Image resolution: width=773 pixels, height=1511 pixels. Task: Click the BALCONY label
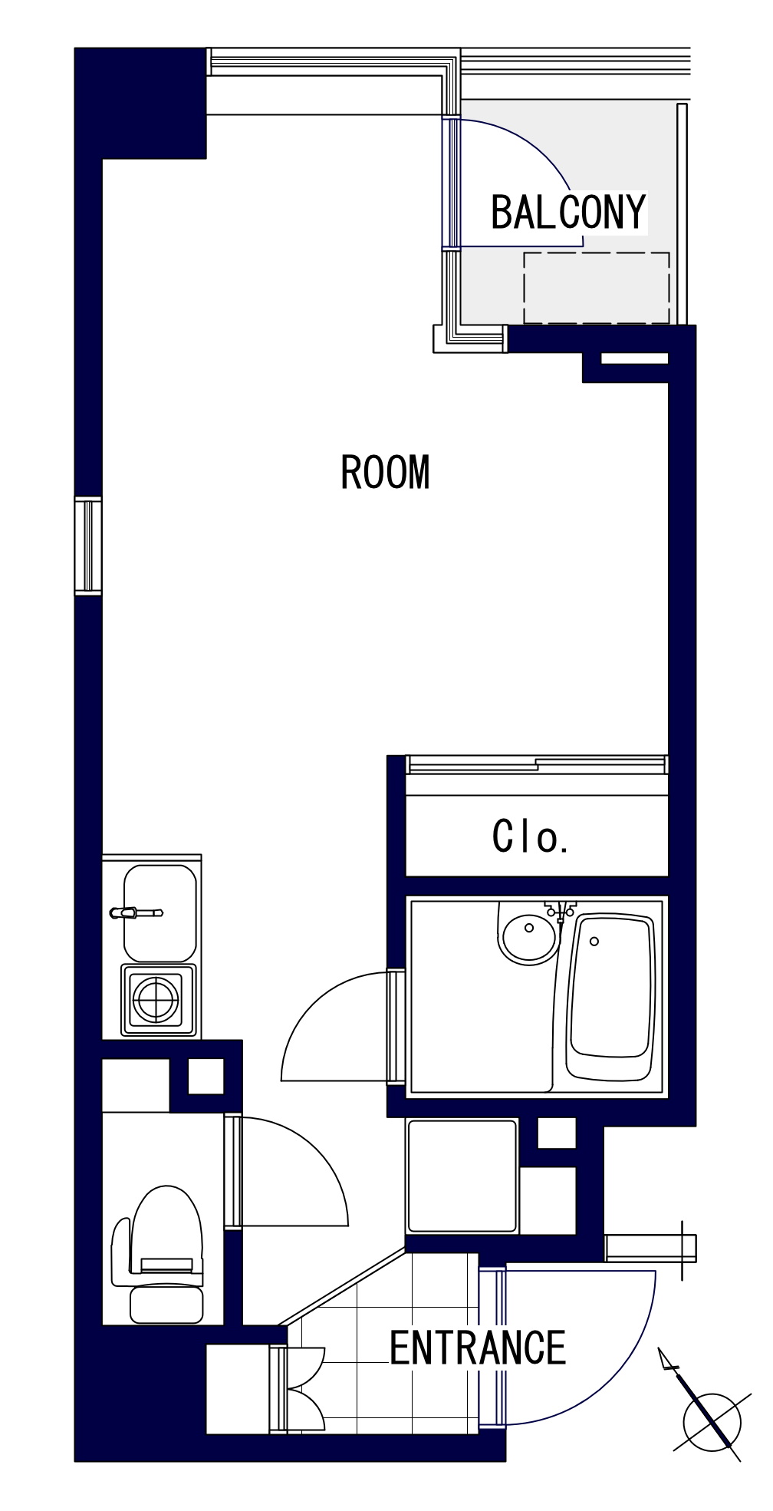click(x=569, y=213)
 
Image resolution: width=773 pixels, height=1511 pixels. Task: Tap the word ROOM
click(x=385, y=473)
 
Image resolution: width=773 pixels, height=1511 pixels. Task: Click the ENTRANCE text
click(x=478, y=1348)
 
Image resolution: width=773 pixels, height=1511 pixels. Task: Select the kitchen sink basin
click(x=160, y=913)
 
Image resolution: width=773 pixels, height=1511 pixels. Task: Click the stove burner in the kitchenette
click(x=156, y=1000)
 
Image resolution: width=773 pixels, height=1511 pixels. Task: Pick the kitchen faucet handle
click(x=137, y=912)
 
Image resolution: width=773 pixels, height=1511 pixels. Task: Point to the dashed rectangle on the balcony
click(x=597, y=288)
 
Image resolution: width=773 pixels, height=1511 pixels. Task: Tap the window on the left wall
click(x=88, y=546)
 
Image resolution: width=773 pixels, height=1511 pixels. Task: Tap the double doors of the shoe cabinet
click(x=305, y=1389)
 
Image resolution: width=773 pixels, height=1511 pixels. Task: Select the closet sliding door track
click(x=536, y=765)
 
